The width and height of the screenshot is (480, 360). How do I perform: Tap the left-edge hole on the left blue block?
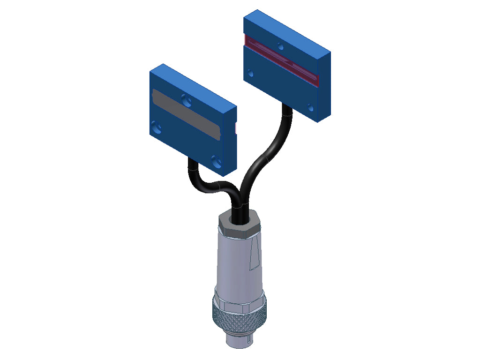157,127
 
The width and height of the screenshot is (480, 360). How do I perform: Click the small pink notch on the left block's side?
235,127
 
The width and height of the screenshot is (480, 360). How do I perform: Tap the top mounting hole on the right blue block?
280,46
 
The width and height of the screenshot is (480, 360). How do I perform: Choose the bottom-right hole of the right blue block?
310,108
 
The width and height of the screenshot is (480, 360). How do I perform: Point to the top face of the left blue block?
192,84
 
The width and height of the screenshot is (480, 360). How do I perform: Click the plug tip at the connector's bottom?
239,342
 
